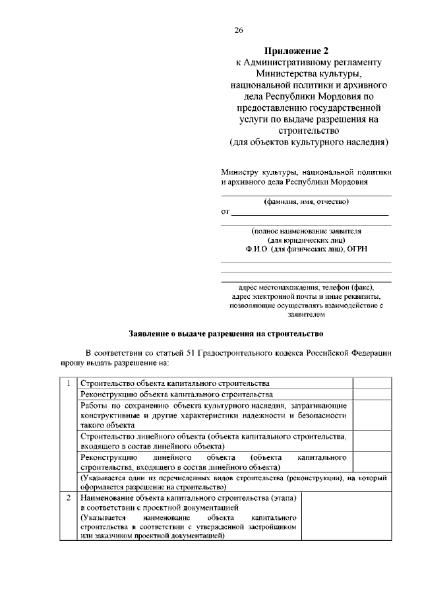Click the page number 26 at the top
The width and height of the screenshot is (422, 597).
coord(239,30)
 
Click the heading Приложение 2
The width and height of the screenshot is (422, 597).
coord(296,51)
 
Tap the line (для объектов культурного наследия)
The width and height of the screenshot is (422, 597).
coord(309,142)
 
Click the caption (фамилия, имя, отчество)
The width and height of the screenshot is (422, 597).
coord(306,201)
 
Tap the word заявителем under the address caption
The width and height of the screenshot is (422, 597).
coord(306,315)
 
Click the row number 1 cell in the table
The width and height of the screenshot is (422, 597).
coord(69,383)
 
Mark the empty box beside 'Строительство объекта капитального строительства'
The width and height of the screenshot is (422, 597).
coord(372,383)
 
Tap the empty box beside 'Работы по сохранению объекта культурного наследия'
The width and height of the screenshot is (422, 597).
coord(372,414)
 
